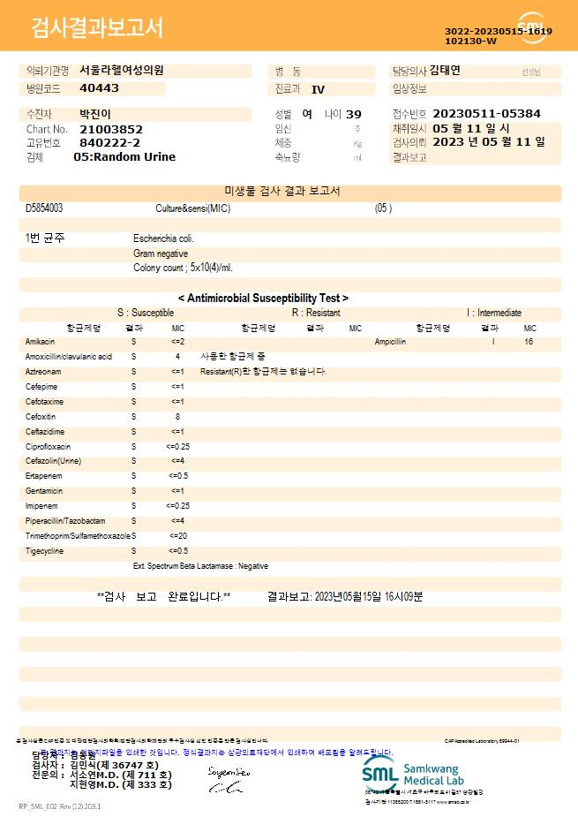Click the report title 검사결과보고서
[x=97, y=28]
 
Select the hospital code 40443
[x=99, y=88]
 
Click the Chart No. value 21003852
[x=111, y=129]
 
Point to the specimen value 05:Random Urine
[x=124, y=156]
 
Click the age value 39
[x=354, y=114]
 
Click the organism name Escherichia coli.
[x=164, y=238]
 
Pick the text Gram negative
[x=161, y=253]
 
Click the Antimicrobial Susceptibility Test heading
[x=263, y=299]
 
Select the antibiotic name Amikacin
[x=41, y=341]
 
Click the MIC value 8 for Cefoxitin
[x=177, y=415]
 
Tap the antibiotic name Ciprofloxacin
[x=44, y=447]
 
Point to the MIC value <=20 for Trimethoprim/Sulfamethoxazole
[x=177, y=536]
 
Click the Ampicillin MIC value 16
[x=528, y=341]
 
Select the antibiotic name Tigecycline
[x=43, y=551]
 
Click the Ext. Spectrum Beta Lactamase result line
[x=200, y=566]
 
